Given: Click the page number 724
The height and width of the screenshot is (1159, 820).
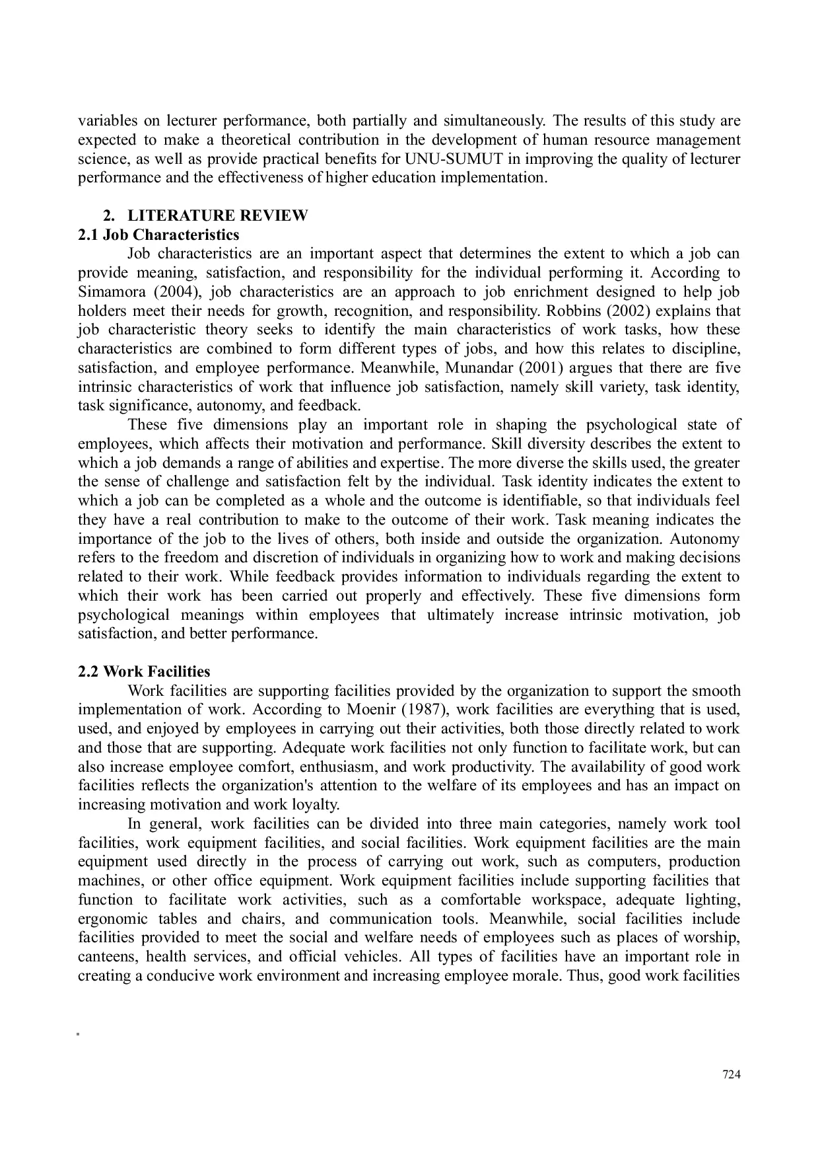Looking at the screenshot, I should (732, 1074).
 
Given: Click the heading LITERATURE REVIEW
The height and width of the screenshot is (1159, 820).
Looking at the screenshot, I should (217, 215).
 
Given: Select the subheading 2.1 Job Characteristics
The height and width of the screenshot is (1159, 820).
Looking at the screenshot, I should (158, 235).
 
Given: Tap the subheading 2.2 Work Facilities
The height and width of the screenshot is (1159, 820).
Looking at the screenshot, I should (144, 671).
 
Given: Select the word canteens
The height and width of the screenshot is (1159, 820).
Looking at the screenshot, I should (106, 957).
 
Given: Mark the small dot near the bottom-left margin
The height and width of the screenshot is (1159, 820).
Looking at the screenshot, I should (78, 1033).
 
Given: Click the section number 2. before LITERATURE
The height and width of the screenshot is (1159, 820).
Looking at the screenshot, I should (108, 215).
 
